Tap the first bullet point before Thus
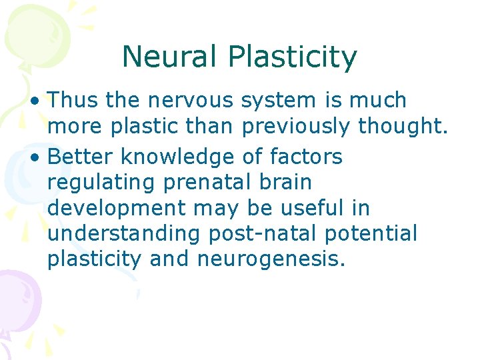point(41,101)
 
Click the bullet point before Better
point(41,157)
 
